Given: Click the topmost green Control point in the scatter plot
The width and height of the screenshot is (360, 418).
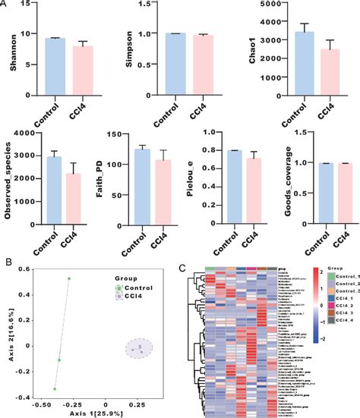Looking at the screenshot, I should point(68,278).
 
